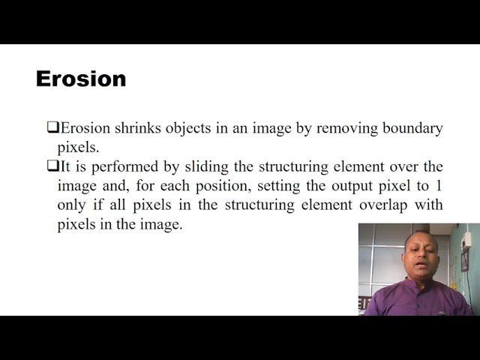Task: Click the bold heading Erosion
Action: (x=81, y=79)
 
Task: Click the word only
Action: (x=71, y=205)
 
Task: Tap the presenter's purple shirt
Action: (x=417, y=300)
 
